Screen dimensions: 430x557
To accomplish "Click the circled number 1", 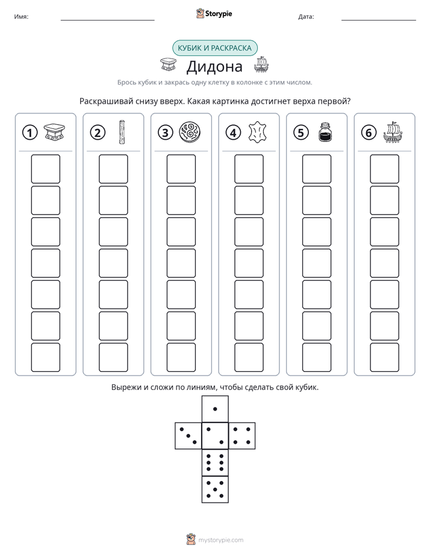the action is coord(30,133).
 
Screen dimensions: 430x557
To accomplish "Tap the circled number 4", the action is coord(233,133).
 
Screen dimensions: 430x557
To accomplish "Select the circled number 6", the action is coord(369,133).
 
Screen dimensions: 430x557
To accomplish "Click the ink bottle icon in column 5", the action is coord(325,132).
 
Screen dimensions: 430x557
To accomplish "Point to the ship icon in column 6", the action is coord(393,132).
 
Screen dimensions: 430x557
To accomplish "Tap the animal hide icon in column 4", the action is coord(257,133).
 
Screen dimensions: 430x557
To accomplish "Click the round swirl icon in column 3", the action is coord(190,132).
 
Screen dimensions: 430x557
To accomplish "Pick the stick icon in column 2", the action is coord(122,132).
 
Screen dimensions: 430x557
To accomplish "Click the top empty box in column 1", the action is coord(45,169).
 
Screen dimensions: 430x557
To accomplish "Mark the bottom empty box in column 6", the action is coord(385,357).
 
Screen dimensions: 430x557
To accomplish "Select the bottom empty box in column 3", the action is coord(181,357).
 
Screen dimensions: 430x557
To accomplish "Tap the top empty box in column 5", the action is coord(317,169).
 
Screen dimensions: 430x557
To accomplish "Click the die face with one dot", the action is coord(215,409).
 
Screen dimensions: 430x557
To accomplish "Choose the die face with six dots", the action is coord(215,462).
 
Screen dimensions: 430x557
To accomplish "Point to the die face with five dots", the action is coord(215,489).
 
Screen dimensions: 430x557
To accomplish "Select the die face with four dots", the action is coord(242,436).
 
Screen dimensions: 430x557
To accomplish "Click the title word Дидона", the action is coord(214,66).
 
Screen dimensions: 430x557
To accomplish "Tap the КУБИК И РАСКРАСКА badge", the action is coord(215,48).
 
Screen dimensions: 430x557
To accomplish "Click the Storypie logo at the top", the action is coord(214,14).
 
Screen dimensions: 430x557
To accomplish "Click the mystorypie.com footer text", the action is coord(220,540).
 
